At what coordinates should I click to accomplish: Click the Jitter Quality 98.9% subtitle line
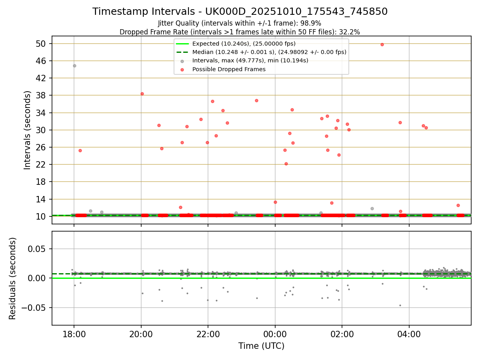pos(240,23)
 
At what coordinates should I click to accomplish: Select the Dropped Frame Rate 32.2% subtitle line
pos(240,32)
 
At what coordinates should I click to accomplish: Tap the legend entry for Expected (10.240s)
pos(244,44)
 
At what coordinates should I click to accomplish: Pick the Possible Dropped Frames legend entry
pos(229,69)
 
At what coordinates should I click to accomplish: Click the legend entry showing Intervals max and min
pos(250,61)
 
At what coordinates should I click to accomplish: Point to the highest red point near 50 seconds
pos(382,44)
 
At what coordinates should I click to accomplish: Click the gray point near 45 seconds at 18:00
pos(74,66)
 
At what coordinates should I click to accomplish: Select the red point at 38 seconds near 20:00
pos(142,94)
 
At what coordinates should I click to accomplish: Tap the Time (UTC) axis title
pos(261,346)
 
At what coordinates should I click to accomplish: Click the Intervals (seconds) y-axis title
pos(27,130)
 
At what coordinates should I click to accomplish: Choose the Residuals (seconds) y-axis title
pos(13,278)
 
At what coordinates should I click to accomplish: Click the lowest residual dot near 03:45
pos(400,305)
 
